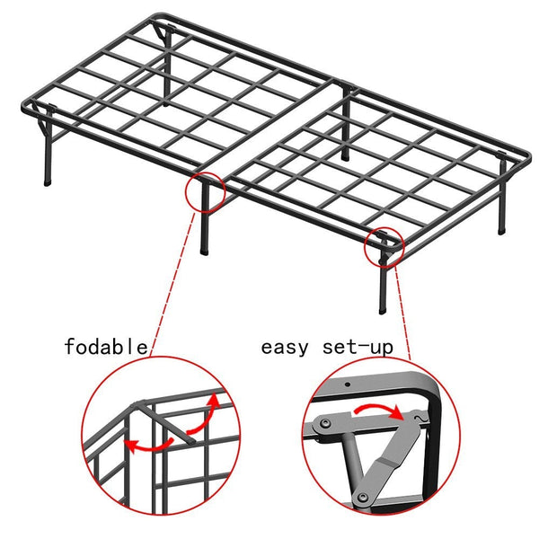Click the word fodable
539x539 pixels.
click(x=106, y=346)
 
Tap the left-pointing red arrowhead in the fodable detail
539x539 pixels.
click(x=131, y=444)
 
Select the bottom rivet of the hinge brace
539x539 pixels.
click(x=363, y=496)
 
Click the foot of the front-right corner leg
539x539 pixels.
click(x=385, y=310)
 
